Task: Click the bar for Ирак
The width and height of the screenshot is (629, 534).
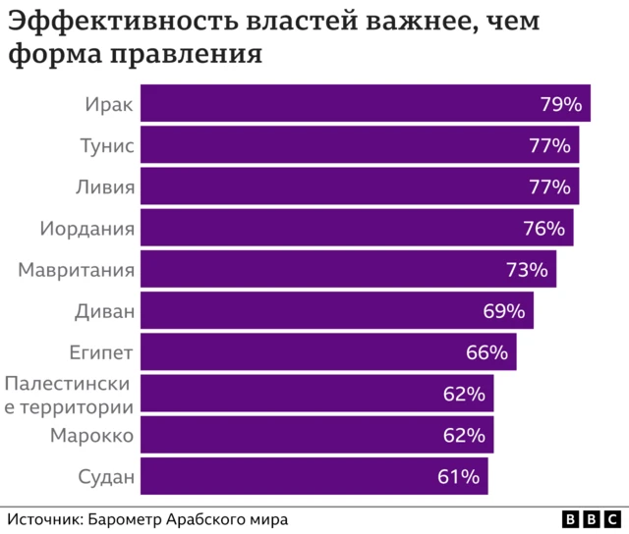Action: (x=364, y=104)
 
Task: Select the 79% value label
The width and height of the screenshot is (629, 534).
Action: (x=561, y=104)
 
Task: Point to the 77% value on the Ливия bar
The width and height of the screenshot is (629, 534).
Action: (x=549, y=187)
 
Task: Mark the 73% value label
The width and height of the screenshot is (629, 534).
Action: (x=527, y=270)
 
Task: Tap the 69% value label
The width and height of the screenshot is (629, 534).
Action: (x=504, y=311)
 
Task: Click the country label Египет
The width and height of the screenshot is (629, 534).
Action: (x=101, y=352)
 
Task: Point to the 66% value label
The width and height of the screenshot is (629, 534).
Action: (x=486, y=352)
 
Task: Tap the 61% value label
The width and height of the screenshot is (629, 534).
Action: (x=458, y=477)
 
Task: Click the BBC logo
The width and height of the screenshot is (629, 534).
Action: (x=592, y=519)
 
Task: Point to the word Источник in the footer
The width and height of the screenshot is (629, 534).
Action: (x=43, y=519)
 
